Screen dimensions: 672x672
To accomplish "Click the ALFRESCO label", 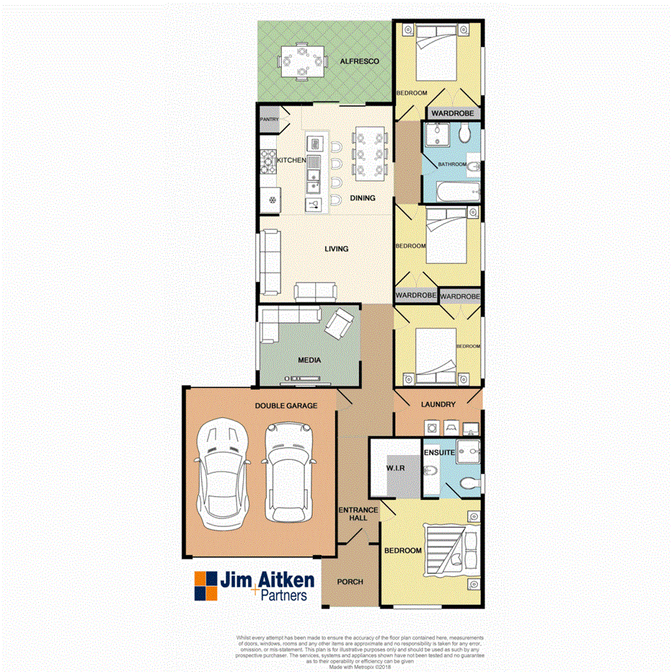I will coord(359,62).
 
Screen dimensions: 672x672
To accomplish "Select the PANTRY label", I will coord(269,120).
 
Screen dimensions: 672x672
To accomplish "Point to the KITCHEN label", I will coord(292,160).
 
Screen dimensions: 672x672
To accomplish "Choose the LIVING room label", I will coord(336,249).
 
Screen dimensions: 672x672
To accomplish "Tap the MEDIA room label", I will coord(309,360).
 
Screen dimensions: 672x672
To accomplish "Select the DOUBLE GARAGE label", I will coord(286,406).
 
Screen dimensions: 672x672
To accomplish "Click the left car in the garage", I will coord(223,472).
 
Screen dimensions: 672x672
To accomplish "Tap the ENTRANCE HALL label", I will coord(353,513).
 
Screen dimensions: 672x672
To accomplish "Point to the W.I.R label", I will coord(394,469).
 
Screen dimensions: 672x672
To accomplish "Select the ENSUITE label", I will coord(440,453).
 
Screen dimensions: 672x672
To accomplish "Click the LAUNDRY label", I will coord(438,404).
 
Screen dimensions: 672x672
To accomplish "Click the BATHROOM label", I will coord(452,164).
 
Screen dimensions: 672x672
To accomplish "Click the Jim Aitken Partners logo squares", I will coord(205,585).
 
